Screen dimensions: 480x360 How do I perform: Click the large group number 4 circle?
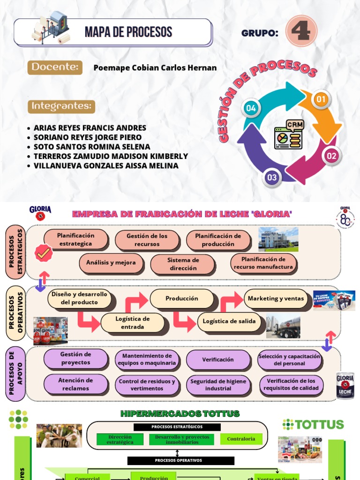(301, 31)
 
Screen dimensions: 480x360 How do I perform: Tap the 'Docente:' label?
(55, 67)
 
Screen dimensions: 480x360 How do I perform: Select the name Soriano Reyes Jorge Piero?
(88, 137)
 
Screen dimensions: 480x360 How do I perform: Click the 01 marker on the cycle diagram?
(321, 99)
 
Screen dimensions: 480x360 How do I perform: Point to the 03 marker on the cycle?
(272, 177)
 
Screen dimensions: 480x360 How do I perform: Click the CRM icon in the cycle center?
(288, 135)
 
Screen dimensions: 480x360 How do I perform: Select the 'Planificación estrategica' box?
(76, 240)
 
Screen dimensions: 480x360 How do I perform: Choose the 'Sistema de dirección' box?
(183, 264)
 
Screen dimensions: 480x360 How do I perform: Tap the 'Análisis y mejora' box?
(111, 262)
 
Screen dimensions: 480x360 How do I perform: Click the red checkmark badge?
(44, 253)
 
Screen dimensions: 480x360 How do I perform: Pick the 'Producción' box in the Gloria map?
(182, 299)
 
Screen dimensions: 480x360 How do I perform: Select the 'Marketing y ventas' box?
(276, 299)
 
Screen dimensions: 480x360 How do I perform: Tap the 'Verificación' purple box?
(218, 360)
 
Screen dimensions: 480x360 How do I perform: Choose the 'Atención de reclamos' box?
(76, 384)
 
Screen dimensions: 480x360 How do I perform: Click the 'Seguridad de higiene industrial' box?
(218, 385)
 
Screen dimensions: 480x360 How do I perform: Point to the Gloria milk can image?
(345, 385)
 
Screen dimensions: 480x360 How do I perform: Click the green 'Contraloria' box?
(241, 439)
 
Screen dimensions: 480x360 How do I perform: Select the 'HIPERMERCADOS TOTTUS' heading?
(180, 413)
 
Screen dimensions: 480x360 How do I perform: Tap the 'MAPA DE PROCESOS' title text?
(128, 32)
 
